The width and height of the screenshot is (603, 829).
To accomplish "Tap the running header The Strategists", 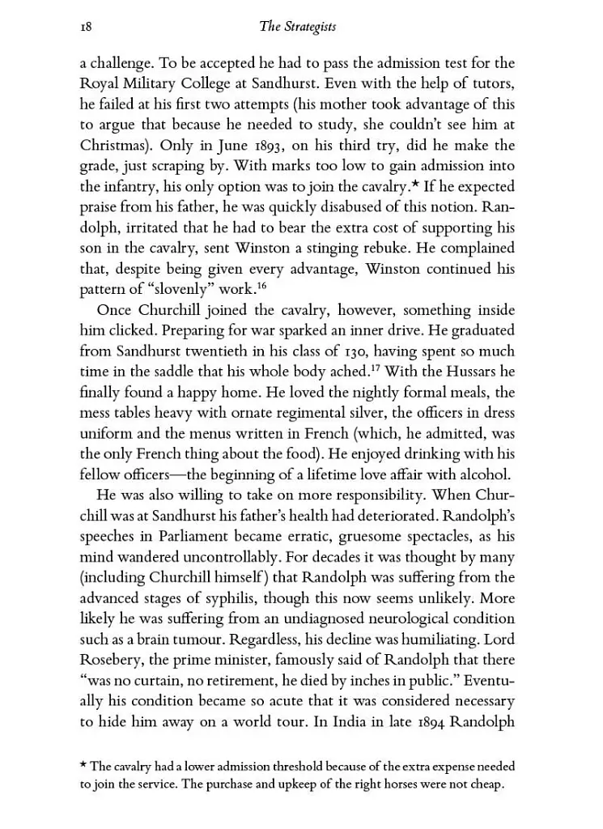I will (x=297, y=28).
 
